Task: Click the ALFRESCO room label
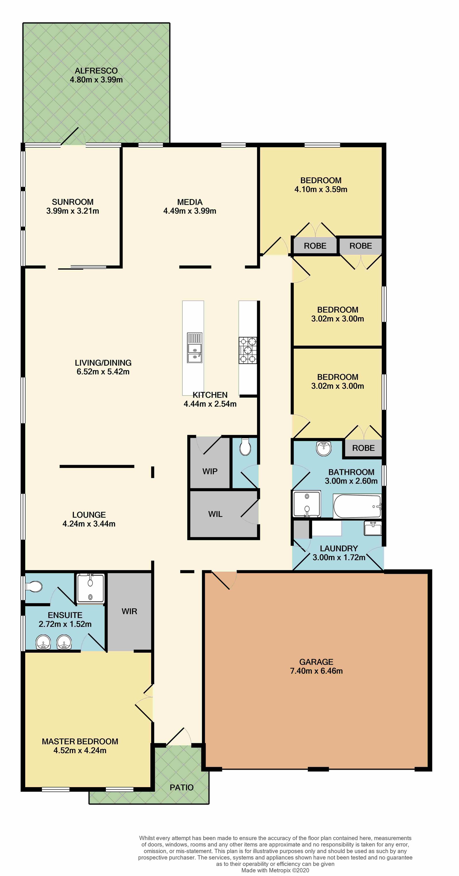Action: click(96, 71)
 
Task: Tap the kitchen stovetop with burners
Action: click(248, 350)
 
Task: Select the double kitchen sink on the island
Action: click(195, 348)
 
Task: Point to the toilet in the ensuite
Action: click(33, 587)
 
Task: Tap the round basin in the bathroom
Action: click(323, 448)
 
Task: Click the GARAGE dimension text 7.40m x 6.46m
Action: click(316, 671)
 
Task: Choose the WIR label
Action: click(129, 611)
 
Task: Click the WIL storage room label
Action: click(215, 514)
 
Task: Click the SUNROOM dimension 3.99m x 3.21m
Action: click(73, 211)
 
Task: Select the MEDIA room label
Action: click(190, 202)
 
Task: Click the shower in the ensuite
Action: click(90, 589)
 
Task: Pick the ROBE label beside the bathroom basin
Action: click(363, 448)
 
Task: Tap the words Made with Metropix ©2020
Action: click(275, 870)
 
